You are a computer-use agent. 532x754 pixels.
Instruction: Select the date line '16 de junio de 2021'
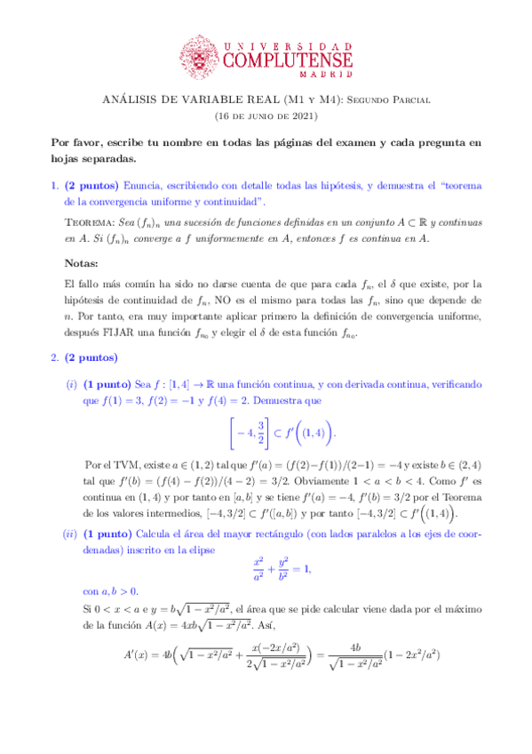pyautogui.click(x=266, y=116)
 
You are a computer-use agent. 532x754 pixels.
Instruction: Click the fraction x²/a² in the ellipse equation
pyautogui.click(x=258, y=570)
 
